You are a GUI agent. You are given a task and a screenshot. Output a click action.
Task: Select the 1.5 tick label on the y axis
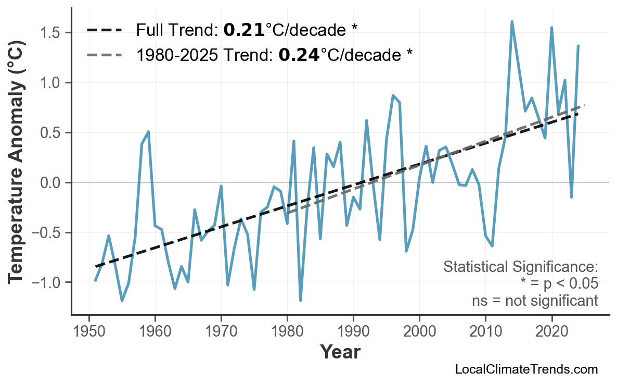point(52,33)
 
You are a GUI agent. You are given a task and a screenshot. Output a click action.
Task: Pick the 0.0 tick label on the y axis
point(52,183)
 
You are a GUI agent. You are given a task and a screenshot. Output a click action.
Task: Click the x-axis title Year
point(340,352)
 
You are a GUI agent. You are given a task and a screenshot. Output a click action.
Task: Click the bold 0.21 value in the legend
point(244,30)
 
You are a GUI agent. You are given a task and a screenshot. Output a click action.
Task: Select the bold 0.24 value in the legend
point(299,54)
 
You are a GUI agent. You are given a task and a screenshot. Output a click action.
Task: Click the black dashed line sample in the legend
point(104,30)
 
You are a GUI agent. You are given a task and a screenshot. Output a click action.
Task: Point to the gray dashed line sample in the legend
point(104,54)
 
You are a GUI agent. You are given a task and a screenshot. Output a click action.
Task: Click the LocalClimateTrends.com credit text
point(526,369)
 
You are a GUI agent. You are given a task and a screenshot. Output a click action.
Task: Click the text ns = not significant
point(535,301)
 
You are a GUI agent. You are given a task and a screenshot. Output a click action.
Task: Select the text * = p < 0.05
point(559,284)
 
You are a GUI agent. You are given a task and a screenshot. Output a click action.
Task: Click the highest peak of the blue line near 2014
point(512,22)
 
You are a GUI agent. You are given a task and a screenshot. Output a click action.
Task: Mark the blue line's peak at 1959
point(148,132)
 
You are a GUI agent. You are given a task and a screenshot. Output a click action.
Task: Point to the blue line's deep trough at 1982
point(300,301)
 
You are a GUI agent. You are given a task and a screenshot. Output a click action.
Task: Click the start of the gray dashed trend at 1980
point(287,213)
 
